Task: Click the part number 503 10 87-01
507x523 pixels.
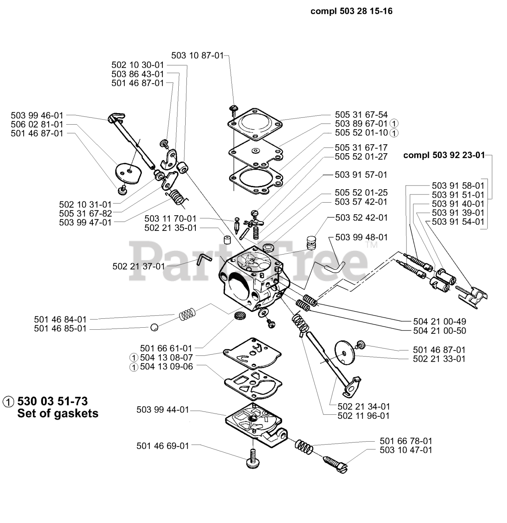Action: pyautogui.click(x=197, y=56)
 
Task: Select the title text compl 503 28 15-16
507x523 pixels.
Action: pyautogui.click(x=351, y=11)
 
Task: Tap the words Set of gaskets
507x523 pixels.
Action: pyautogui.click(x=58, y=413)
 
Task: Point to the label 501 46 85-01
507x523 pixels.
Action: pyautogui.click(x=60, y=329)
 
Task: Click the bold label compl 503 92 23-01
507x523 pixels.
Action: pyautogui.click(x=444, y=155)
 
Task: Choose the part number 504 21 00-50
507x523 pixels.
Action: pyautogui.click(x=440, y=331)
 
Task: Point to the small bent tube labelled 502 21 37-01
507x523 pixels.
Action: pyautogui.click(x=203, y=259)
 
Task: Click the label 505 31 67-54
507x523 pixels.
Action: pyautogui.click(x=361, y=115)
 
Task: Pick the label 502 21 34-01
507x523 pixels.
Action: pyautogui.click(x=363, y=407)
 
